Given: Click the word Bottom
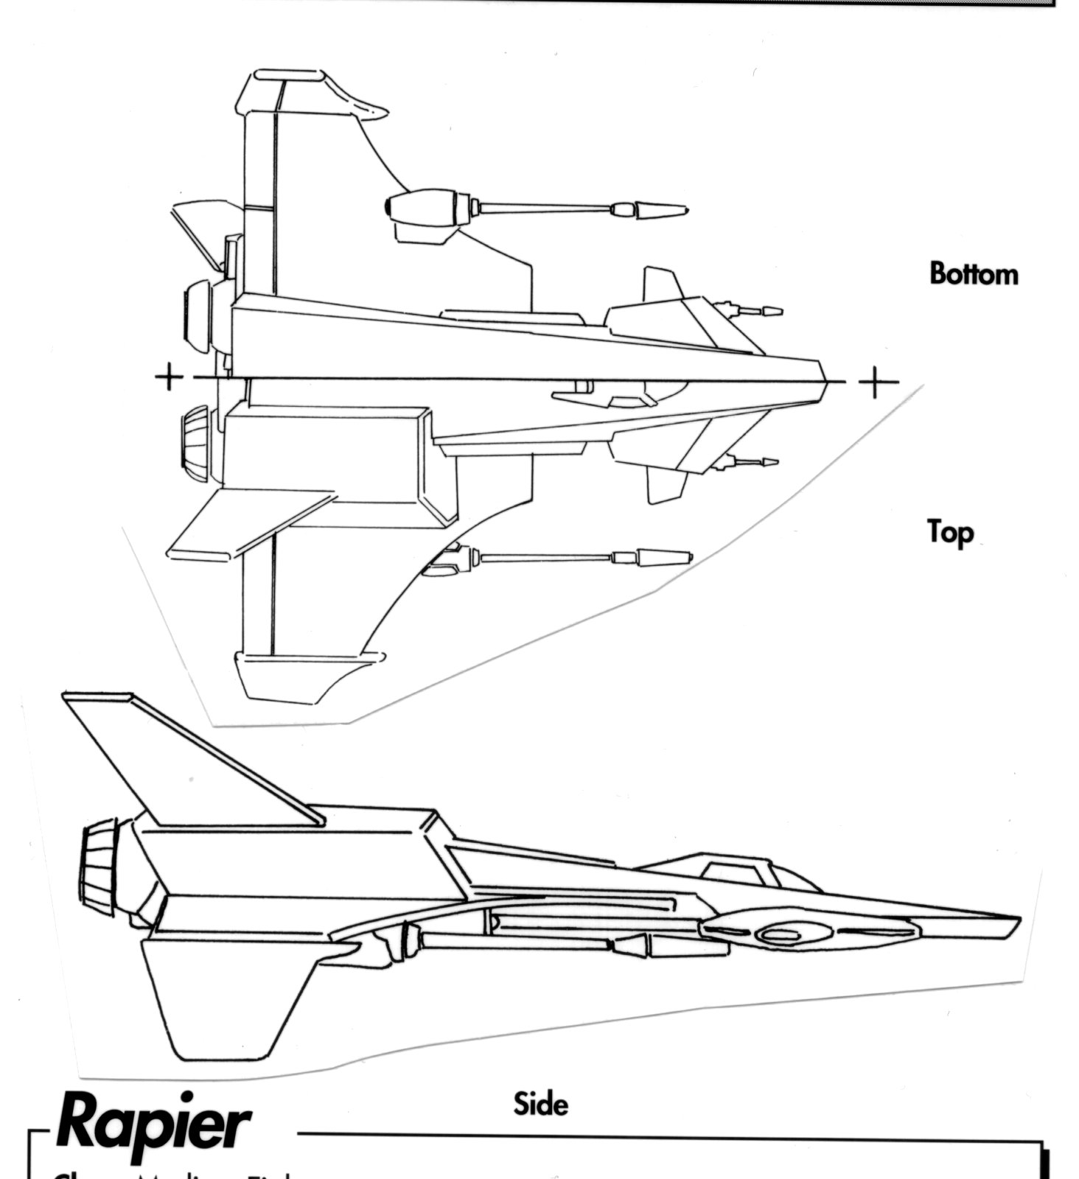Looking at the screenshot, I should click(x=974, y=273).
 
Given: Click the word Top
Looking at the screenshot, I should click(x=950, y=531).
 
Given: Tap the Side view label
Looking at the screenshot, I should click(x=541, y=1103).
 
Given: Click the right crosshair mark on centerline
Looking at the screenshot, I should click(x=875, y=382).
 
